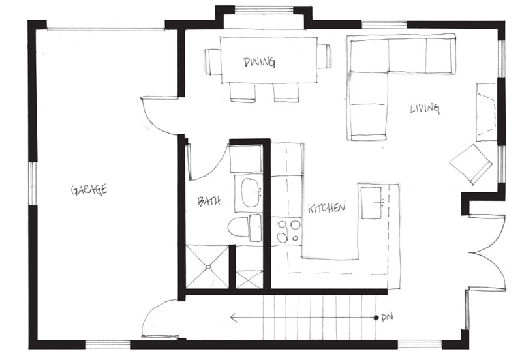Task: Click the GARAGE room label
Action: (89, 189)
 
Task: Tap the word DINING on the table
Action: (259, 62)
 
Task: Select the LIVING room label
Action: (425, 108)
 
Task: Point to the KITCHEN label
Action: (327, 207)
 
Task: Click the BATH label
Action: (209, 202)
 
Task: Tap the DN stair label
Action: (387, 317)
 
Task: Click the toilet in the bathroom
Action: (244, 228)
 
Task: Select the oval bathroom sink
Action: (251, 192)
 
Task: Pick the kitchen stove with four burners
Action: (287, 232)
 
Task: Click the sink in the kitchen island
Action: (371, 203)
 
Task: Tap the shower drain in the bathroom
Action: (208, 267)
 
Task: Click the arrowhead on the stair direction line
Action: (234, 318)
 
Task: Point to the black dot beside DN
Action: (376, 318)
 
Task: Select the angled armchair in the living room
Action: (470, 164)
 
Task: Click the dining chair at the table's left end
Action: (213, 62)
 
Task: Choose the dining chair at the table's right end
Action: (323, 56)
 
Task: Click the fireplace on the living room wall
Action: (487, 112)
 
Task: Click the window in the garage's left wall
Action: (33, 183)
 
